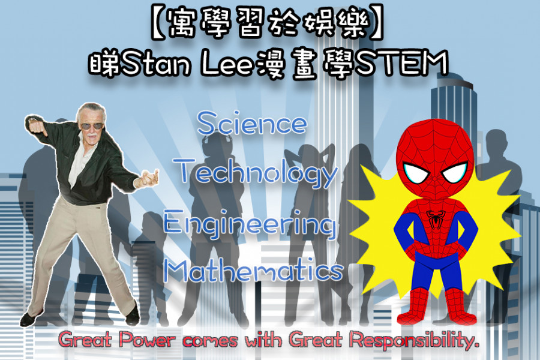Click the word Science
click(252, 123)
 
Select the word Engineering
click(250, 224)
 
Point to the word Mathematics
click(253, 271)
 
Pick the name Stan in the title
click(155, 64)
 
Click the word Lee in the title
click(227, 64)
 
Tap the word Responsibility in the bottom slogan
click(413, 340)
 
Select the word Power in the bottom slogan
click(146, 340)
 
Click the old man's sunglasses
click(92, 126)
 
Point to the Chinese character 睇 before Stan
click(104, 64)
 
